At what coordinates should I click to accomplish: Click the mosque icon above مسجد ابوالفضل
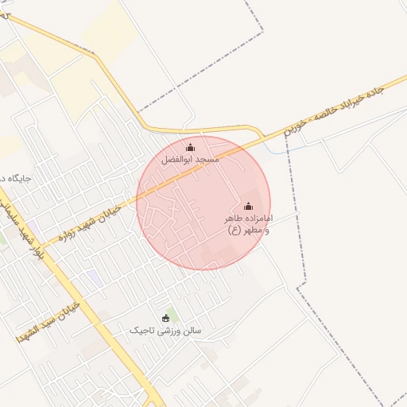click(190, 147)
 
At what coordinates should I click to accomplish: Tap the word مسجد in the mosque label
click(207, 160)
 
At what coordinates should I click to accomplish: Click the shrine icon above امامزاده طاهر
click(248, 206)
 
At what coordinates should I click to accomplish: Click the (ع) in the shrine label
click(235, 231)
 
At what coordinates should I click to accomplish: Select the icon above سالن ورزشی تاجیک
click(166, 318)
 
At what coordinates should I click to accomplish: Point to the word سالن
click(192, 330)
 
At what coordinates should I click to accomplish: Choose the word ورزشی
click(169, 330)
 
